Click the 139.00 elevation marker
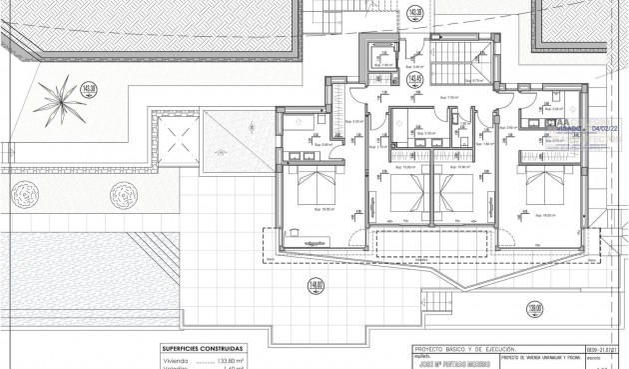click(535, 309)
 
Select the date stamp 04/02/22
click(605, 128)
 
